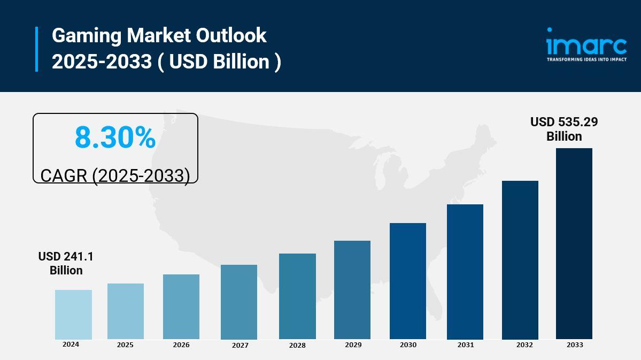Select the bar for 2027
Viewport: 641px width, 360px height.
click(x=239, y=302)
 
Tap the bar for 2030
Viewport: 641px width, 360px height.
click(x=408, y=281)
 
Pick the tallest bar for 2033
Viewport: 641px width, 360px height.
click(x=574, y=243)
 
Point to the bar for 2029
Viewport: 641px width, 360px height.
click(x=352, y=289)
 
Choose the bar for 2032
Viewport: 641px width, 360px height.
click(x=520, y=260)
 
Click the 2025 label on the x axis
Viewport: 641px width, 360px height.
click(x=125, y=345)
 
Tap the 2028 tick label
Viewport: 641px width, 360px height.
click(x=297, y=346)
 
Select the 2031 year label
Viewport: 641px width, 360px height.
click(x=465, y=345)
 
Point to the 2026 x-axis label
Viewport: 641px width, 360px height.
click(x=181, y=345)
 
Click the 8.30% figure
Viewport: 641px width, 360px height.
click(x=115, y=137)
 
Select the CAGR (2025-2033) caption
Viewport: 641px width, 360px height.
click(x=115, y=175)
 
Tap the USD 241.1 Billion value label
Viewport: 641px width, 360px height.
click(x=66, y=264)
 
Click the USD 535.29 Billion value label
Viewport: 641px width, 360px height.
click(x=564, y=129)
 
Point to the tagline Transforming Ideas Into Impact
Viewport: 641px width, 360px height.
click(x=586, y=59)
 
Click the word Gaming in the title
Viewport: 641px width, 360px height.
click(x=86, y=36)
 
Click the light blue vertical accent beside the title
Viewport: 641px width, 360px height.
click(x=37, y=49)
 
